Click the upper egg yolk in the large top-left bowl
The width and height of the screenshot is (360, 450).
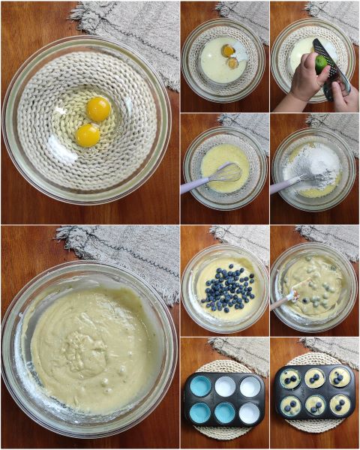[97, 109]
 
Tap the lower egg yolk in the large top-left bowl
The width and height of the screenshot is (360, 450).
[87, 135]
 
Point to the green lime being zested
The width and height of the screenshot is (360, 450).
[320, 61]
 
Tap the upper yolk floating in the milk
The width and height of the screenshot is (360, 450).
[227, 51]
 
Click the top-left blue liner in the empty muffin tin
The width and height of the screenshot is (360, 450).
[201, 386]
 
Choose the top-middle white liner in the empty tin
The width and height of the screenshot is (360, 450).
[225, 386]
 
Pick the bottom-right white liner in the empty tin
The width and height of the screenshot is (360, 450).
[249, 412]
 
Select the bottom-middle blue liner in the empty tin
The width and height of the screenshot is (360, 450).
[225, 412]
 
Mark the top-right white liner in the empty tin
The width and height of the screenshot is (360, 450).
[249, 386]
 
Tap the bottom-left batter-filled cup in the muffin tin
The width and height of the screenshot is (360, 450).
[290, 406]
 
